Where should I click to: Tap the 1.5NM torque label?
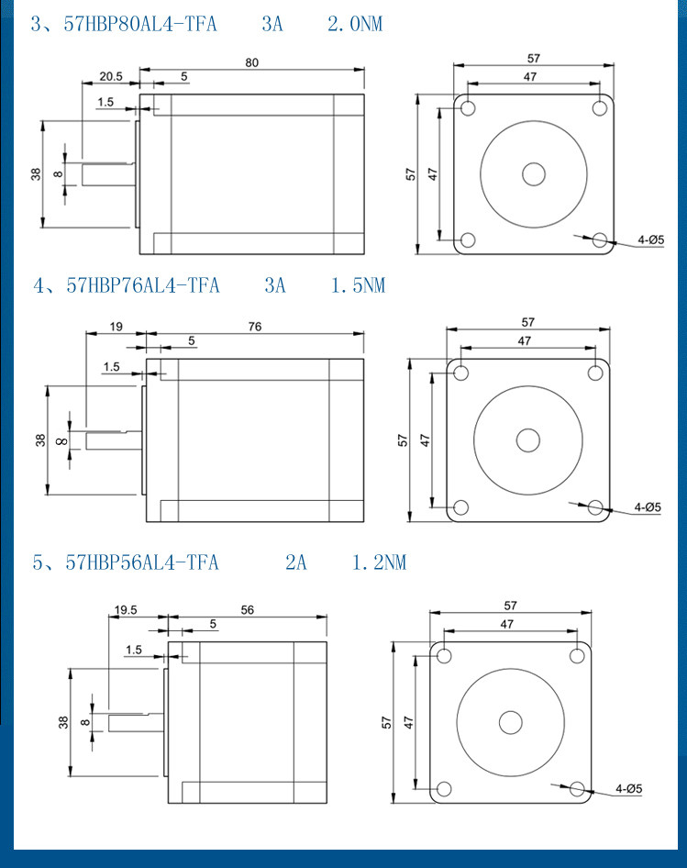tap(358, 286)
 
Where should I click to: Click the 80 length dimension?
tap(251, 62)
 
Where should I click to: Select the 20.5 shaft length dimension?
tap(111, 76)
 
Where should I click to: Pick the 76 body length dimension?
tap(254, 327)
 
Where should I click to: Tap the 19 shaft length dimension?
tap(116, 327)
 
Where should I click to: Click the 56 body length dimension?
tap(247, 609)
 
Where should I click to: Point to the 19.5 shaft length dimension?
tap(126, 609)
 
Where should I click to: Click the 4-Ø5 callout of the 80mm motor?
tap(650, 240)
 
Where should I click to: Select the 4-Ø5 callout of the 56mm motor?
tap(628, 788)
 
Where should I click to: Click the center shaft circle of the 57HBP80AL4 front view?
tap(534, 174)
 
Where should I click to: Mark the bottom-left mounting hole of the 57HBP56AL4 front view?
tap(444, 789)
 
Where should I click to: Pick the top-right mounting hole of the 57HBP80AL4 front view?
tap(600, 108)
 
